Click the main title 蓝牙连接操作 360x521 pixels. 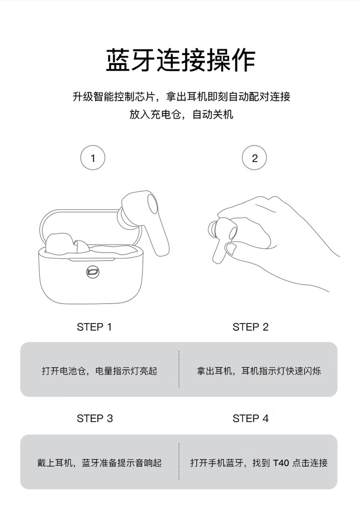tap(180, 60)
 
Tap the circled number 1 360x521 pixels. tap(93, 158)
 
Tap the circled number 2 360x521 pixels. tap(254, 158)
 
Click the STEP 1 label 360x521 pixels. tap(94, 327)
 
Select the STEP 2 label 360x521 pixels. tap(251, 327)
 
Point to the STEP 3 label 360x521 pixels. tap(95, 418)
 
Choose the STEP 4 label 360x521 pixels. tap(251, 418)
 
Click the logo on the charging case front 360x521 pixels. tap(92, 271)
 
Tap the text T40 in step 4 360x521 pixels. tap(281, 463)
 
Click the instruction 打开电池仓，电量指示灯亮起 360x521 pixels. tap(99, 371)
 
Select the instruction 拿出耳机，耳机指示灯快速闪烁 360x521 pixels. tap(259, 371)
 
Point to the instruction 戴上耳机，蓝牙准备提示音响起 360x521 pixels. tap(99, 463)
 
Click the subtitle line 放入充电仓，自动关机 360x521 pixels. tap(181, 115)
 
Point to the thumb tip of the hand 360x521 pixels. tap(230, 248)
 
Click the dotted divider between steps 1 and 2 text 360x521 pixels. tap(179, 369)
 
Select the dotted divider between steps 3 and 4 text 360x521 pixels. tap(179, 461)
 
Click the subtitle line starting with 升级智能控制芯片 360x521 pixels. tap(181, 97)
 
